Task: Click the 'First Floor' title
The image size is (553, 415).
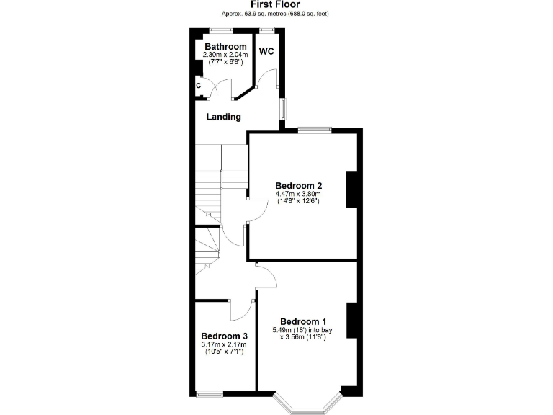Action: [x=276, y=4]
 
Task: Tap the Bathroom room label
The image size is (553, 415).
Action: [x=225, y=47]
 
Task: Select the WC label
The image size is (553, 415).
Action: [x=266, y=52]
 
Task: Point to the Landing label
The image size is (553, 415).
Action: [x=223, y=117]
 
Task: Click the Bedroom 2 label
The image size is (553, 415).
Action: [x=297, y=185]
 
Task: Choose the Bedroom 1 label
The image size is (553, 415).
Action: [x=303, y=321]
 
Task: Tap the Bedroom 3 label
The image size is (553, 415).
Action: [x=224, y=336]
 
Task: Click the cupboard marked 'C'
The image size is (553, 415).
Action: [x=198, y=86]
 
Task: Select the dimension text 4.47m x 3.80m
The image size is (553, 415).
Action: [x=297, y=193]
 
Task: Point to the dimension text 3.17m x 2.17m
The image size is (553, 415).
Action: [x=224, y=344]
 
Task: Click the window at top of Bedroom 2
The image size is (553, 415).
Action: [x=315, y=130]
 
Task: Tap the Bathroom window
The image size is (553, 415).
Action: [x=221, y=30]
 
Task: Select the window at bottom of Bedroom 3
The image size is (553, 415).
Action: [x=210, y=393]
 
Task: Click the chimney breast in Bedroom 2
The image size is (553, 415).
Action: [x=352, y=189]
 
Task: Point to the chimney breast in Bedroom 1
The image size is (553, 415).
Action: [x=351, y=321]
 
